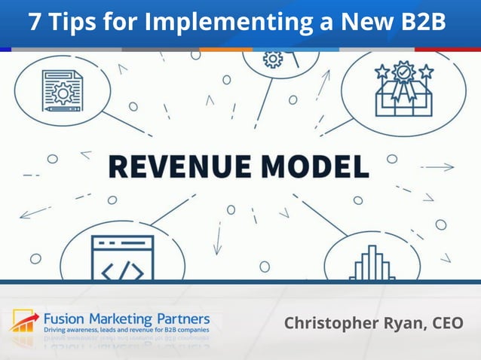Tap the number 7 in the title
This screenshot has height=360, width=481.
(x=35, y=23)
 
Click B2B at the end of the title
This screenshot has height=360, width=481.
(x=419, y=23)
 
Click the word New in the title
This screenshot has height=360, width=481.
(x=357, y=23)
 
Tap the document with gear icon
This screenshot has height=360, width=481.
(x=62, y=91)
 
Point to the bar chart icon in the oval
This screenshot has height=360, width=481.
(x=372, y=264)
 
